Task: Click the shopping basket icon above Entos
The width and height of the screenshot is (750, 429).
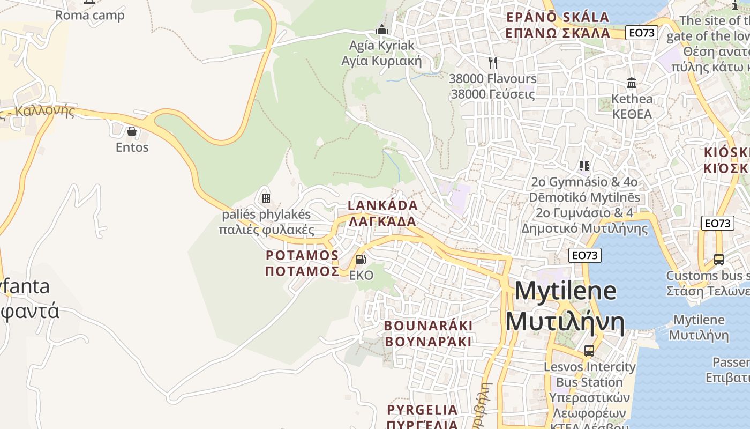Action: [131, 131]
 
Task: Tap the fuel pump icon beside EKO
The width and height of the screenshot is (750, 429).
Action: [361, 260]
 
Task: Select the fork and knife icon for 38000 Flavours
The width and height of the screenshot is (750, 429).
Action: [493, 63]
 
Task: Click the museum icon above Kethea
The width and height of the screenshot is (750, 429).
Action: [632, 83]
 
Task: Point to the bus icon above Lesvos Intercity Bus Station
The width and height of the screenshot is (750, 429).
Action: [589, 351]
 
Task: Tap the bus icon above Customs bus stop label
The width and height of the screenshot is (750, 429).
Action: [719, 260]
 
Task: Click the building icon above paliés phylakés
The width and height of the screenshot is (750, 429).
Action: [266, 198]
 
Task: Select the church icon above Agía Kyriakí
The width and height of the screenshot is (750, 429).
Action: [382, 29]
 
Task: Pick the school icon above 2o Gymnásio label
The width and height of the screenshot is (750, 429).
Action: [584, 166]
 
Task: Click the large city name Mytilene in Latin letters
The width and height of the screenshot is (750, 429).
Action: [565, 291]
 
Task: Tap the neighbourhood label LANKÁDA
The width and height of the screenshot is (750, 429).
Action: [382, 205]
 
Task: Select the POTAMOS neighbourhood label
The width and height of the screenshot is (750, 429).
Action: [302, 255]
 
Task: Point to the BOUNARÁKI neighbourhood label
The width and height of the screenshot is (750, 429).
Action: [428, 326]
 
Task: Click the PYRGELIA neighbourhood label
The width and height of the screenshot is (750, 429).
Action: [422, 410]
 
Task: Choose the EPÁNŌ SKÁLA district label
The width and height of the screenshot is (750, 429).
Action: [558, 17]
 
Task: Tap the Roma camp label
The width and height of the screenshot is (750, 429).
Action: [90, 15]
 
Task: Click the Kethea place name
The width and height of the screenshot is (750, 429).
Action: [632, 99]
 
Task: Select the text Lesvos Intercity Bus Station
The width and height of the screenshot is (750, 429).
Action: [589, 375]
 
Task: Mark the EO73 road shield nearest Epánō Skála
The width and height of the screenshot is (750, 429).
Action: [642, 33]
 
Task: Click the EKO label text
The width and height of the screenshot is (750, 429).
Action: [361, 276]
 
